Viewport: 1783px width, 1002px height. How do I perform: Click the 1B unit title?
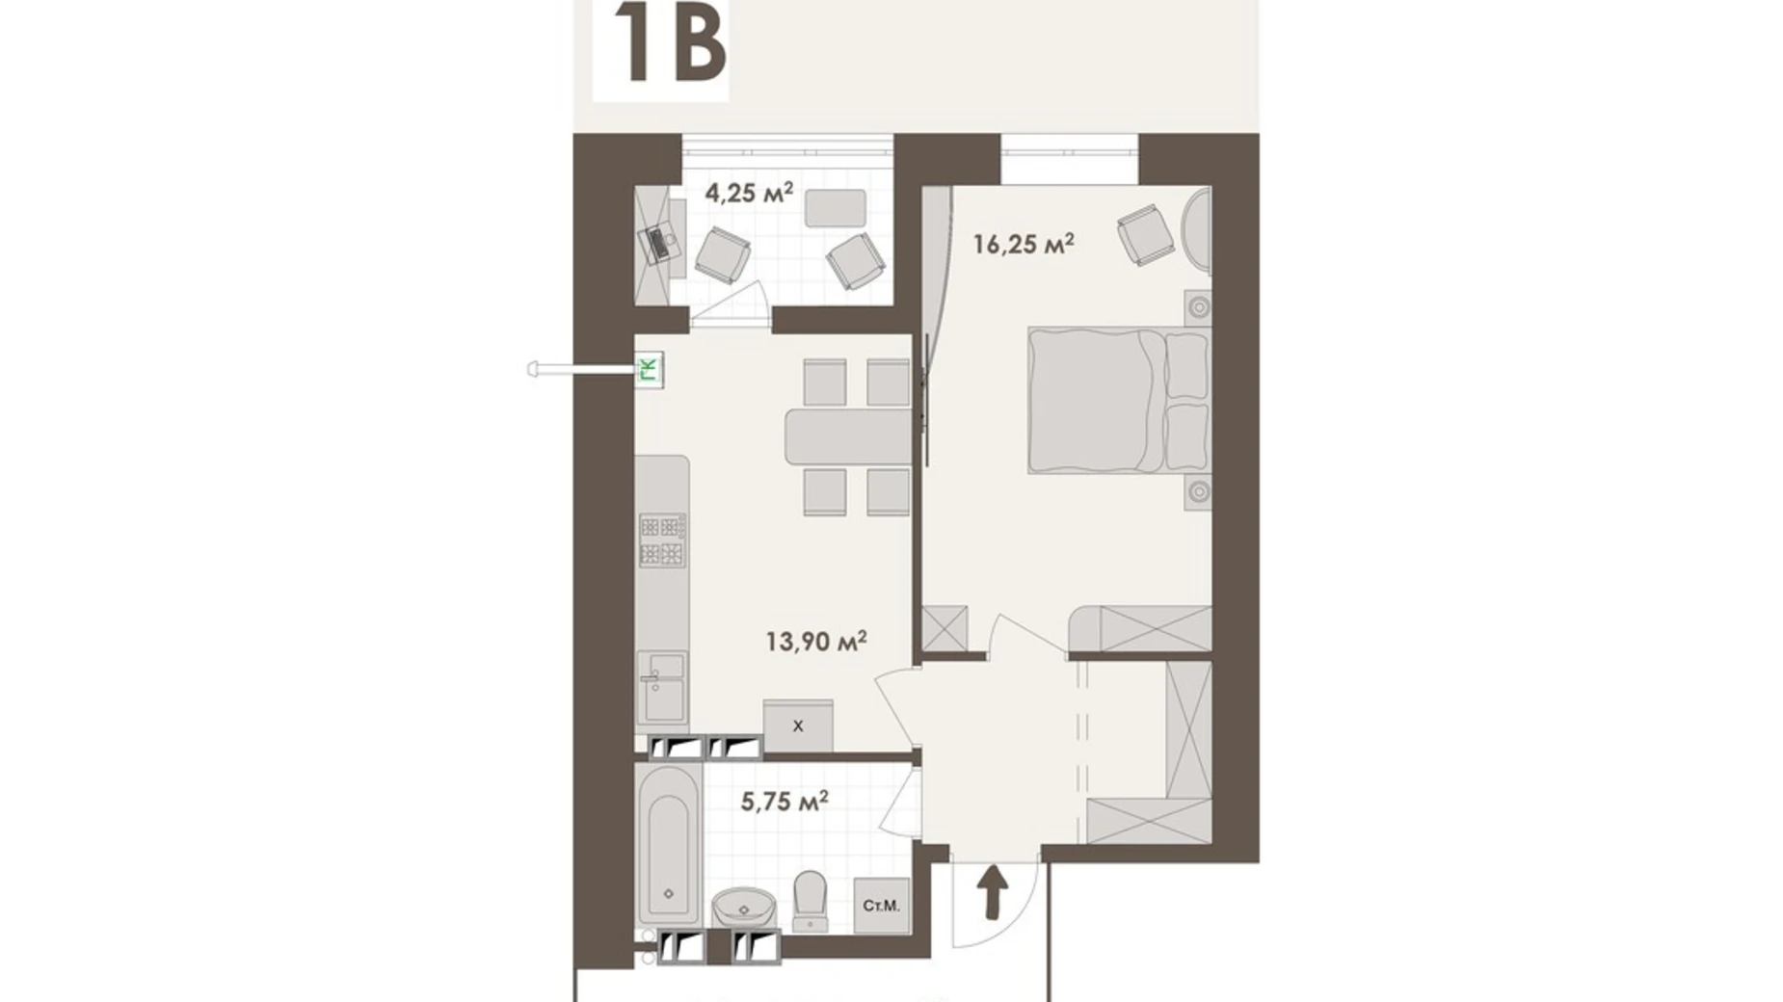point(668,46)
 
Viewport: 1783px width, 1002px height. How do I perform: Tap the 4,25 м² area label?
point(749,193)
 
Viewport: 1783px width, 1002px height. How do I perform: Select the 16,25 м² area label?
point(1023,244)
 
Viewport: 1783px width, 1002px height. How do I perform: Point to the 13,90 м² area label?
point(815,641)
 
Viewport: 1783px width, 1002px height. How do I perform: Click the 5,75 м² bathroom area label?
point(785,801)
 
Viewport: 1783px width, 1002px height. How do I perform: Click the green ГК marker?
point(651,369)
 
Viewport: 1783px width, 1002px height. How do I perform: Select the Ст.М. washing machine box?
point(881,906)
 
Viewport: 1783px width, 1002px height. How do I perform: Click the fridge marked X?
point(798,725)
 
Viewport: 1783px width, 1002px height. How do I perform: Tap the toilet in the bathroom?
point(810,900)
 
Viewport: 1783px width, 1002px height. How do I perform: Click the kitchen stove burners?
point(662,541)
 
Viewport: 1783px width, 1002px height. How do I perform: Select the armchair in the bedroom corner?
point(1145,234)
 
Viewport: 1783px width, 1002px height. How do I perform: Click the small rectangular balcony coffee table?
point(835,207)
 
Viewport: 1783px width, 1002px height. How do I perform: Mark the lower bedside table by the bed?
point(1198,491)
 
